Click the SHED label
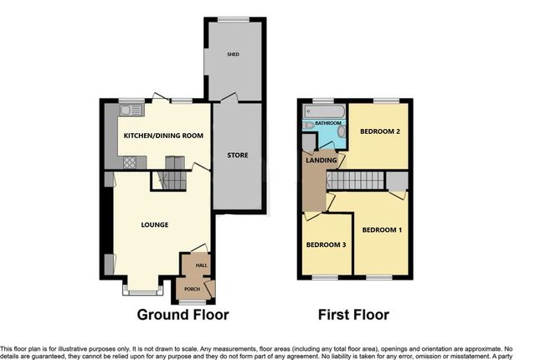(x=234, y=54)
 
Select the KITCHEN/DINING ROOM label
(x=164, y=136)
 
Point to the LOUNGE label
(x=155, y=224)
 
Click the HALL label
(x=201, y=265)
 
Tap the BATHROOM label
(x=328, y=123)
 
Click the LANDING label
(x=322, y=160)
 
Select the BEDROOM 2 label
(x=380, y=132)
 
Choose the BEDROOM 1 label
(x=382, y=229)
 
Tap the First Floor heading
(x=353, y=316)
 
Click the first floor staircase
(x=355, y=181)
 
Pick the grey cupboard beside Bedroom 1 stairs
(x=396, y=180)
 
